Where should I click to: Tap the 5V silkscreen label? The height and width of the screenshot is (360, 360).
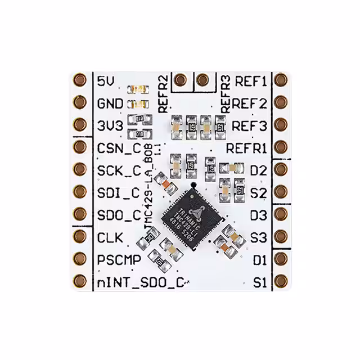pos(106,81)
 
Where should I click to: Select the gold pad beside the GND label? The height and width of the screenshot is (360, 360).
pos(80,102)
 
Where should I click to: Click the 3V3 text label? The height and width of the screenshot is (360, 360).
pos(110,125)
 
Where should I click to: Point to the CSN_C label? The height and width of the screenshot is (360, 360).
pos(119,148)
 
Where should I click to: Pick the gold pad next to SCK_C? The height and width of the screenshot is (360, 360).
pos(80,169)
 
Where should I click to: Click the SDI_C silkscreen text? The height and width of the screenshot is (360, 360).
pos(118,192)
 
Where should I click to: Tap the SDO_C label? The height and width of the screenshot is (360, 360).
pos(119,214)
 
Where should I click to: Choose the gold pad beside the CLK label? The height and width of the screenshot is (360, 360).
pos(80,237)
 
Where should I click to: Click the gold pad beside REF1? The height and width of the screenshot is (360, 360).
pos(280,80)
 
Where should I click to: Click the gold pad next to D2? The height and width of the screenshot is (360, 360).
pos(280,169)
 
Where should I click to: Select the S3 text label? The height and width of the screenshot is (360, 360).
pos(258,237)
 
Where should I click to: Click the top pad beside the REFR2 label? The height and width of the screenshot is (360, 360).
pos(180,80)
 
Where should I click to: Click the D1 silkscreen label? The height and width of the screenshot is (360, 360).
pos(259,259)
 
